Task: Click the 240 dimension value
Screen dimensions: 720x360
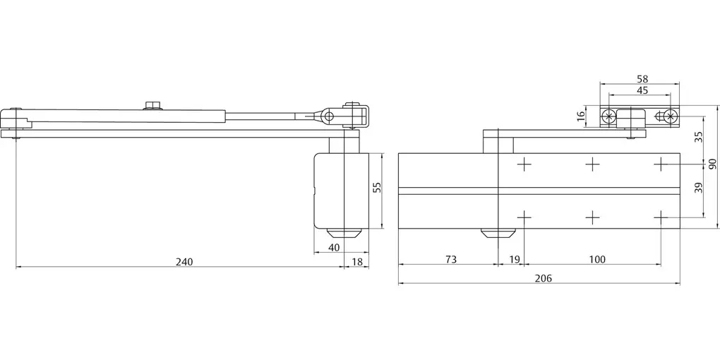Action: point(184,262)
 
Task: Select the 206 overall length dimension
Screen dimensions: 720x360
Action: point(544,278)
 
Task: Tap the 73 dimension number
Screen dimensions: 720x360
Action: point(451,260)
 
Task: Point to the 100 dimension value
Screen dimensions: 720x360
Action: point(597,260)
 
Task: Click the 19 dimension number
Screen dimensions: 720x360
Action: point(515,260)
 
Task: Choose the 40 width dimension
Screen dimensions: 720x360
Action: point(335,248)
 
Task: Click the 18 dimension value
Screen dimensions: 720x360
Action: point(356,262)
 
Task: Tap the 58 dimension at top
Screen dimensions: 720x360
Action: point(642,79)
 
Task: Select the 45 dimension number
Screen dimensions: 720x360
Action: point(642,90)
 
